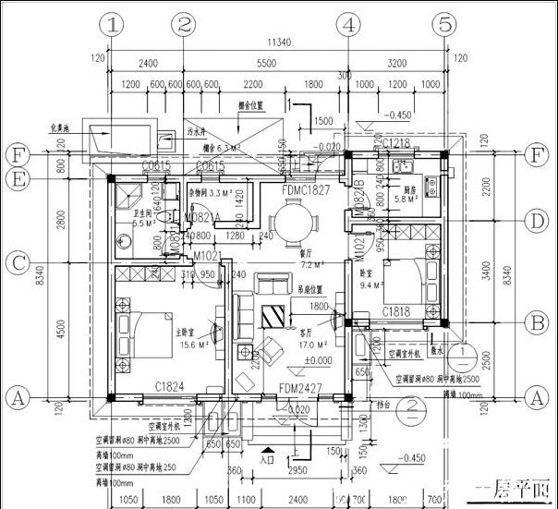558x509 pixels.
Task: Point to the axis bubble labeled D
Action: pos(533,221)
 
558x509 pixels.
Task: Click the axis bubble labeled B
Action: pos(533,323)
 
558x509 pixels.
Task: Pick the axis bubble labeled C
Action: pos(18,262)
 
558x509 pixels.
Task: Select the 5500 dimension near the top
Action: pos(265,65)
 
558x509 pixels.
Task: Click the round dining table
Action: pos(294,223)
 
